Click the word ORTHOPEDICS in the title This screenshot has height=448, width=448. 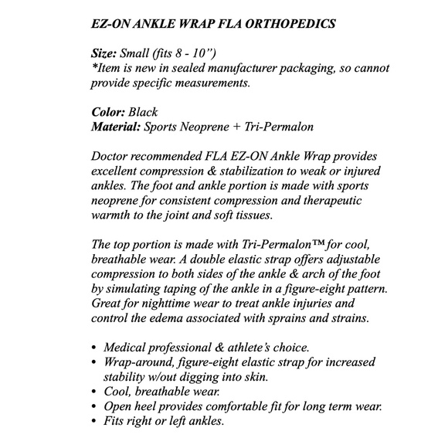[297, 24]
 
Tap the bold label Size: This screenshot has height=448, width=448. [107, 53]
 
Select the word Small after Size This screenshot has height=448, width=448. [144, 53]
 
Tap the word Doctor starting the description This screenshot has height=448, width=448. [112, 155]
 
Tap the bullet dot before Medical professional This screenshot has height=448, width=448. [94, 348]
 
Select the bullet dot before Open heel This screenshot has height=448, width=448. [94, 407]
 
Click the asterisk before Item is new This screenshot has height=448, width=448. [93, 67]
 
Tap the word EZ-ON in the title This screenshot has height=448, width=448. [112, 24]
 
